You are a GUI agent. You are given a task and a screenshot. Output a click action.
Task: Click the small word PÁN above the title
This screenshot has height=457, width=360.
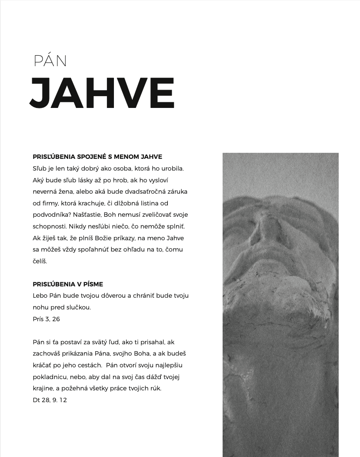pos(50,61)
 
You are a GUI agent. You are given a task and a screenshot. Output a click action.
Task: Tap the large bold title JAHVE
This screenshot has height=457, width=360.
pos(102,93)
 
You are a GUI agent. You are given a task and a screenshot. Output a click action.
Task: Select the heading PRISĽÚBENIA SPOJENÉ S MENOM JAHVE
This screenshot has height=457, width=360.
pos(97,157)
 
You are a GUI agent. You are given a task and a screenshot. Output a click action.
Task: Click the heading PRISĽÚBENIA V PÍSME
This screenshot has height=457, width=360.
pos(68,284)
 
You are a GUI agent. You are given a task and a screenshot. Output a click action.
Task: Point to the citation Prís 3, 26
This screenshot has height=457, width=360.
pos(47,319)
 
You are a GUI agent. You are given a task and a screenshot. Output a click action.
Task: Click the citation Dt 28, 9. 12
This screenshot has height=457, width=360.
pos(50,400)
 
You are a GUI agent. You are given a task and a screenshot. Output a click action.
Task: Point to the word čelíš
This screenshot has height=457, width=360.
pos(40,261)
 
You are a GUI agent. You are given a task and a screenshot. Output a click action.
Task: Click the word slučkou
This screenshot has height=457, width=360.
pos(77,307)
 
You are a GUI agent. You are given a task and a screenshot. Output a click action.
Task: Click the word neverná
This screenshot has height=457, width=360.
pos(46,192)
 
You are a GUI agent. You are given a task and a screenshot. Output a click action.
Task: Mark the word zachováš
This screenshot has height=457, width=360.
pos(47,354)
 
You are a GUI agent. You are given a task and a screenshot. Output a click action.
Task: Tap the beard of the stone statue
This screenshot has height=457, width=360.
pos(278,300)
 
